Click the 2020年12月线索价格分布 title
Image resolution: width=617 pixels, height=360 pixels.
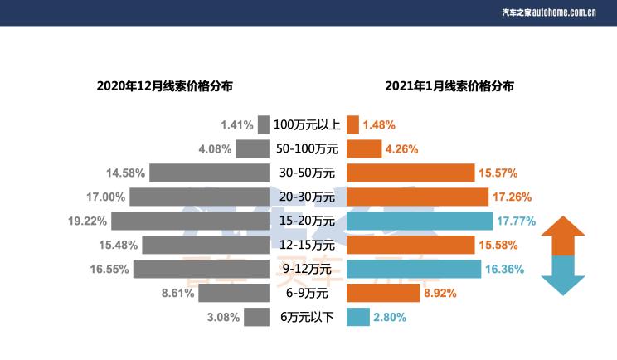164,85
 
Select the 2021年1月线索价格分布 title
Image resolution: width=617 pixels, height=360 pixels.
449,85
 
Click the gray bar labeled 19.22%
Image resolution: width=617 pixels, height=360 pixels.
190,221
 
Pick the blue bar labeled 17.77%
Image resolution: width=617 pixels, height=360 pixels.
420,221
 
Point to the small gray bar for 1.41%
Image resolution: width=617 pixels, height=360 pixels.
264,125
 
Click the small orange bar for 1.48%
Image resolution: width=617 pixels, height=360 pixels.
352,125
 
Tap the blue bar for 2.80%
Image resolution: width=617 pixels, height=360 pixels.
357,317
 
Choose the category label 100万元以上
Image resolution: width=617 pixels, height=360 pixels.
307,125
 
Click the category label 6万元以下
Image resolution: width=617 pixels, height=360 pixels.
307,317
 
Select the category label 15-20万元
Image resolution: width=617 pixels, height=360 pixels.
307,221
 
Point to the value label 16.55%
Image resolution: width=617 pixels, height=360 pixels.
109,269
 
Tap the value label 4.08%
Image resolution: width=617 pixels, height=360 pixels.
214,149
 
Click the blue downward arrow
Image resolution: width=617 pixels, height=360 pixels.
563,275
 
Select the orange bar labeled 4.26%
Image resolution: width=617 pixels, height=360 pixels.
364,149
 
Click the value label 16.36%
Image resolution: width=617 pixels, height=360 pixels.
508,269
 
